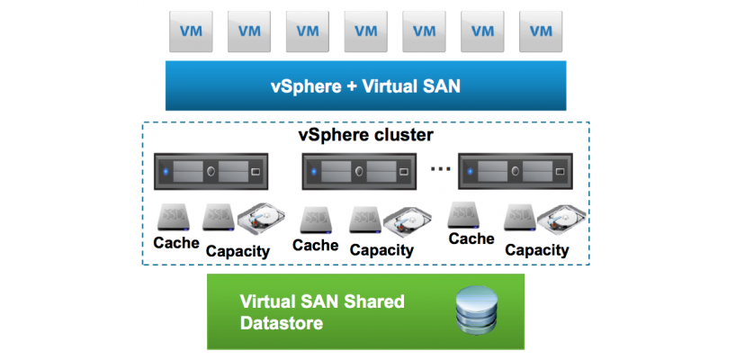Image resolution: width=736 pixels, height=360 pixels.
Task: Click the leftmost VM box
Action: (x=192, y=31)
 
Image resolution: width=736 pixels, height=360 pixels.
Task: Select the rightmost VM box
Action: (x=541, y=31)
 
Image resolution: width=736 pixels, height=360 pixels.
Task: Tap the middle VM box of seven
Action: (x=366, y=31)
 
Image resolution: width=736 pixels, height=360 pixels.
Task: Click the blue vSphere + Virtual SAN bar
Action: (x=365, y=86)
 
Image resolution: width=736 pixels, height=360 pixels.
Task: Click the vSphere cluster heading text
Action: (x=365, y=136)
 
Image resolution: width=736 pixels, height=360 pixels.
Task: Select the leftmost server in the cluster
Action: (x=212, y=170)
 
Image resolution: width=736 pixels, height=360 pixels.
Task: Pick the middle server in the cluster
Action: (x=359, y=170)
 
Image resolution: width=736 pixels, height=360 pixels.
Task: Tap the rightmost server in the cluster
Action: (x=515, y=170)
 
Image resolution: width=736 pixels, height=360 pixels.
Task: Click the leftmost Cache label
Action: (x=176, y=243)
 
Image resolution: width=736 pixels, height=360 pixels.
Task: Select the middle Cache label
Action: (x=315, y=245)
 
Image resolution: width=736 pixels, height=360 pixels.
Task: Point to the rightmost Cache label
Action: (x=471, y=238)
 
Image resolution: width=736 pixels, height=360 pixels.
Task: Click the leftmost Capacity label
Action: (x=238, y=251)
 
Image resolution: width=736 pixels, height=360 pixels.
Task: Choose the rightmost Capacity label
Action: (x=536, y=250)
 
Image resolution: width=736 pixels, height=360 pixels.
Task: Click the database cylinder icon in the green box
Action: (x=474, y=311)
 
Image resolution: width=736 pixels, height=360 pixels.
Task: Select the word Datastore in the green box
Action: (x=282, y=322)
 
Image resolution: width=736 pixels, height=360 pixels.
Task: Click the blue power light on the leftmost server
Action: (x=166, y=171)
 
